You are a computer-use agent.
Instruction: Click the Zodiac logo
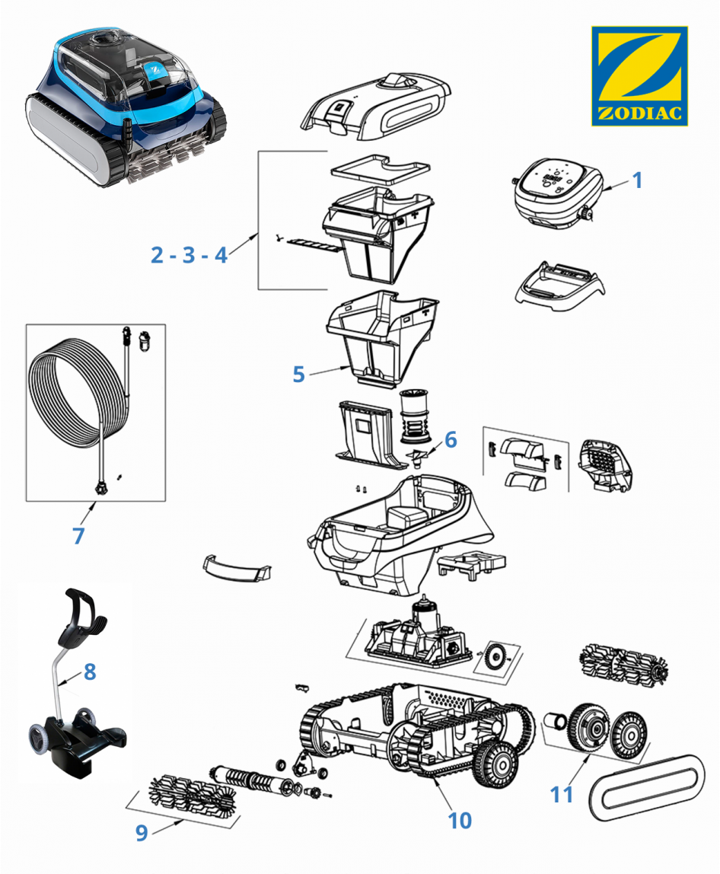pyautogui.click(x=639, y=76)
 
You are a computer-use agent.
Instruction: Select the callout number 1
pyautogui.click(x=637, y=180)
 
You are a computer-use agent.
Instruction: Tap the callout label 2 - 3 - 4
pyautogui.click(x=189, y=255)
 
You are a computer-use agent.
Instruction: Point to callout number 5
pyautogui.click(x=298, y=374)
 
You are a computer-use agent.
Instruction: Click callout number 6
pyautogui.click(x=451, y=439)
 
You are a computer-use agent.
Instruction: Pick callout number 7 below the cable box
pyautogui.click(x=78, y=535)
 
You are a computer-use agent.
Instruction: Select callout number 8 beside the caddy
pyautogui.click(x=90, y=671)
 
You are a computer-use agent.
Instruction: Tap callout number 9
pyautogui.click(x=142, y=833)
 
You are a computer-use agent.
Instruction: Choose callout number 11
pyautogui.click(x=562, y=794)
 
